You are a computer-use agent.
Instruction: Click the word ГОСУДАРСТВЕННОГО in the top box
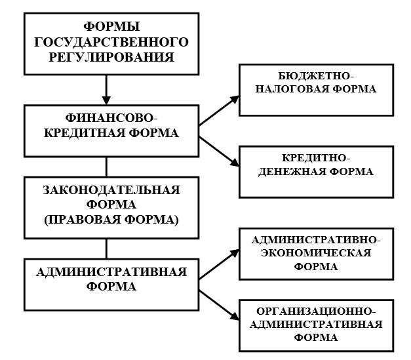(x=111, y=42)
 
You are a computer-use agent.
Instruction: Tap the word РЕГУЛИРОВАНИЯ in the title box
(x=111, y=57)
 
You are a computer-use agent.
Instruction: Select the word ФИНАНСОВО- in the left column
(x=111, y=118)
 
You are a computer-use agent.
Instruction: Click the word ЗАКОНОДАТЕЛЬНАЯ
(x=111, y=190)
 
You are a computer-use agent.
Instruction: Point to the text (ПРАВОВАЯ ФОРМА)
(x=111, y=220)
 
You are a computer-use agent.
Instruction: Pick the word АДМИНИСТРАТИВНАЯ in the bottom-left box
(x=111, y=272)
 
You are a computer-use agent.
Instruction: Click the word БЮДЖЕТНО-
(x=316, y=76)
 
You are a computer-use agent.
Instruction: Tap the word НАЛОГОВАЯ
(x=290, y=89)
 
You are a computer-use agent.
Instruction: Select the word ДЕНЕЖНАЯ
(x=292, y=172)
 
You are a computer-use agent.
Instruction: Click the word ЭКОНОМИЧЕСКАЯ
(x=316, y=253)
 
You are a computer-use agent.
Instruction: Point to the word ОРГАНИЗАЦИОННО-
(x=316, y=311)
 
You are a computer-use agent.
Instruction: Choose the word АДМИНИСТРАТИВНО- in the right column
(x=316, y=239)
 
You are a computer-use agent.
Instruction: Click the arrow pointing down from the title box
(x=106, y=90)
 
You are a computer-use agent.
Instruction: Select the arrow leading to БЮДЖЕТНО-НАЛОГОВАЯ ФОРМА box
(x=219, y=111)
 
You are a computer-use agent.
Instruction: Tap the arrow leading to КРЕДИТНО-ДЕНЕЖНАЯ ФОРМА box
(x=219, y=151)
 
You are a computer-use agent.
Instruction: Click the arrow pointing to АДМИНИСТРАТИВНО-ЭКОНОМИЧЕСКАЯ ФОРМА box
(x=219, y=264)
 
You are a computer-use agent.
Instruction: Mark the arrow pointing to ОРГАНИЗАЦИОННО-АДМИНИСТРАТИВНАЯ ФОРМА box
(x=219, y=305)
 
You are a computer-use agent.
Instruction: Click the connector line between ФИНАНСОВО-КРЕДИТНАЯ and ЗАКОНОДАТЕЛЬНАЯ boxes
(x=106, y=167)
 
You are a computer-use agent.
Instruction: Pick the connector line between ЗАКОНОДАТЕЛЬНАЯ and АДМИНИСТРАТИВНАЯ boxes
(x=106, y=249)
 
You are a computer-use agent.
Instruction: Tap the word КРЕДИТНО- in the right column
(x=316, y=158)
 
